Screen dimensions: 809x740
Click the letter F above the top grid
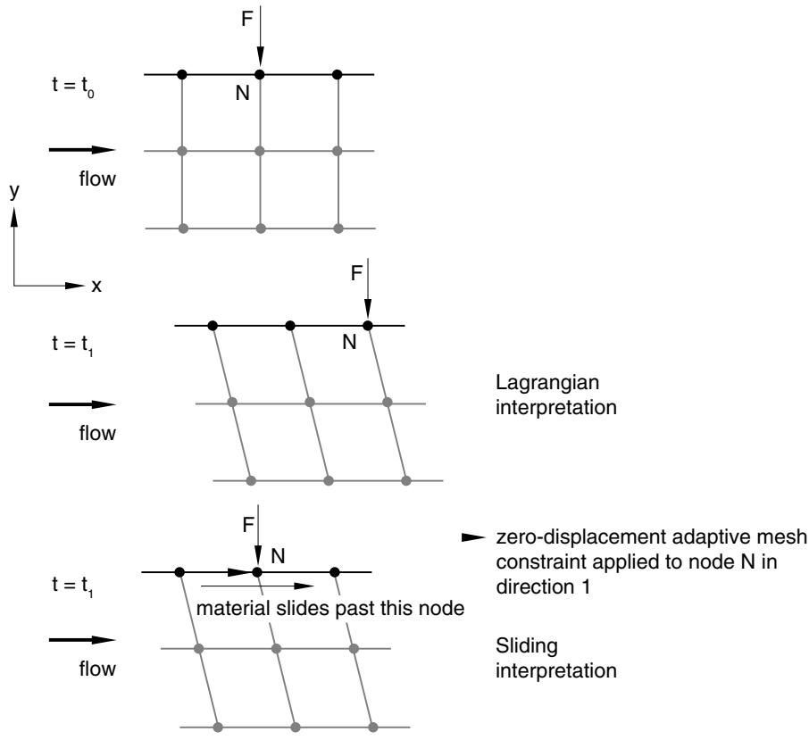point(247,19)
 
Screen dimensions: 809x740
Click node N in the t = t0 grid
point(260,75)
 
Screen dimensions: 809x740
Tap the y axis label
point(14,191)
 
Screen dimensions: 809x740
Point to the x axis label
point(96,287)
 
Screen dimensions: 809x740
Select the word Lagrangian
point(547,383)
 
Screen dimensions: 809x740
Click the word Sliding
point(527,646)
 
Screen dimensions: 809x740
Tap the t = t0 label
point(72,86)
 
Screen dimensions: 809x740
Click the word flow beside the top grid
point(97,179)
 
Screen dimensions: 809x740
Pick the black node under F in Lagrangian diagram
point(367,326)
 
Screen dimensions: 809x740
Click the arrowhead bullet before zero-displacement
point(473,538)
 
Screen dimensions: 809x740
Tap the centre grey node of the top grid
point(260,151)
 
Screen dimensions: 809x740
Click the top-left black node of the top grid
point(181,75)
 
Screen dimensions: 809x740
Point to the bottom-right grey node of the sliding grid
point(373,728)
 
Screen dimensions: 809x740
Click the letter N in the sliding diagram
point(278,556)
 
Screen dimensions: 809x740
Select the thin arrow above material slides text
point(257,586)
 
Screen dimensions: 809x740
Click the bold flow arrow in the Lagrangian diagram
point(82,404)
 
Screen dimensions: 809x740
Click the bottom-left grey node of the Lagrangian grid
point(251,481)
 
